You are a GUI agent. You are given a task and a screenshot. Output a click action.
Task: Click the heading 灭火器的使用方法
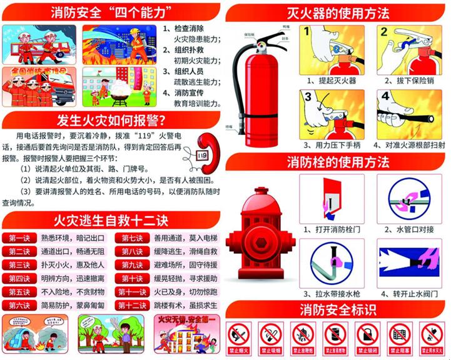[x=338, y=12]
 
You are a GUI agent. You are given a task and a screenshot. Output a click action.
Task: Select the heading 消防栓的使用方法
[x=338, y=162]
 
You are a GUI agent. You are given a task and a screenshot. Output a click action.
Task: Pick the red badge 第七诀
[x=131, y=238]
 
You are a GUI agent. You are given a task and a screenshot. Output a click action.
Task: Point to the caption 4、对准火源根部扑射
[x=409, y=144]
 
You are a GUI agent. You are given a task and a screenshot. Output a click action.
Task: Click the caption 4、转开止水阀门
[x=409, y=293]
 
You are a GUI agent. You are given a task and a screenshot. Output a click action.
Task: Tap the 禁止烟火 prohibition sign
[x=240, y=338]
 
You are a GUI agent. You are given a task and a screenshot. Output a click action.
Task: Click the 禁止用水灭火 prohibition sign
[x=432, y=338]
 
